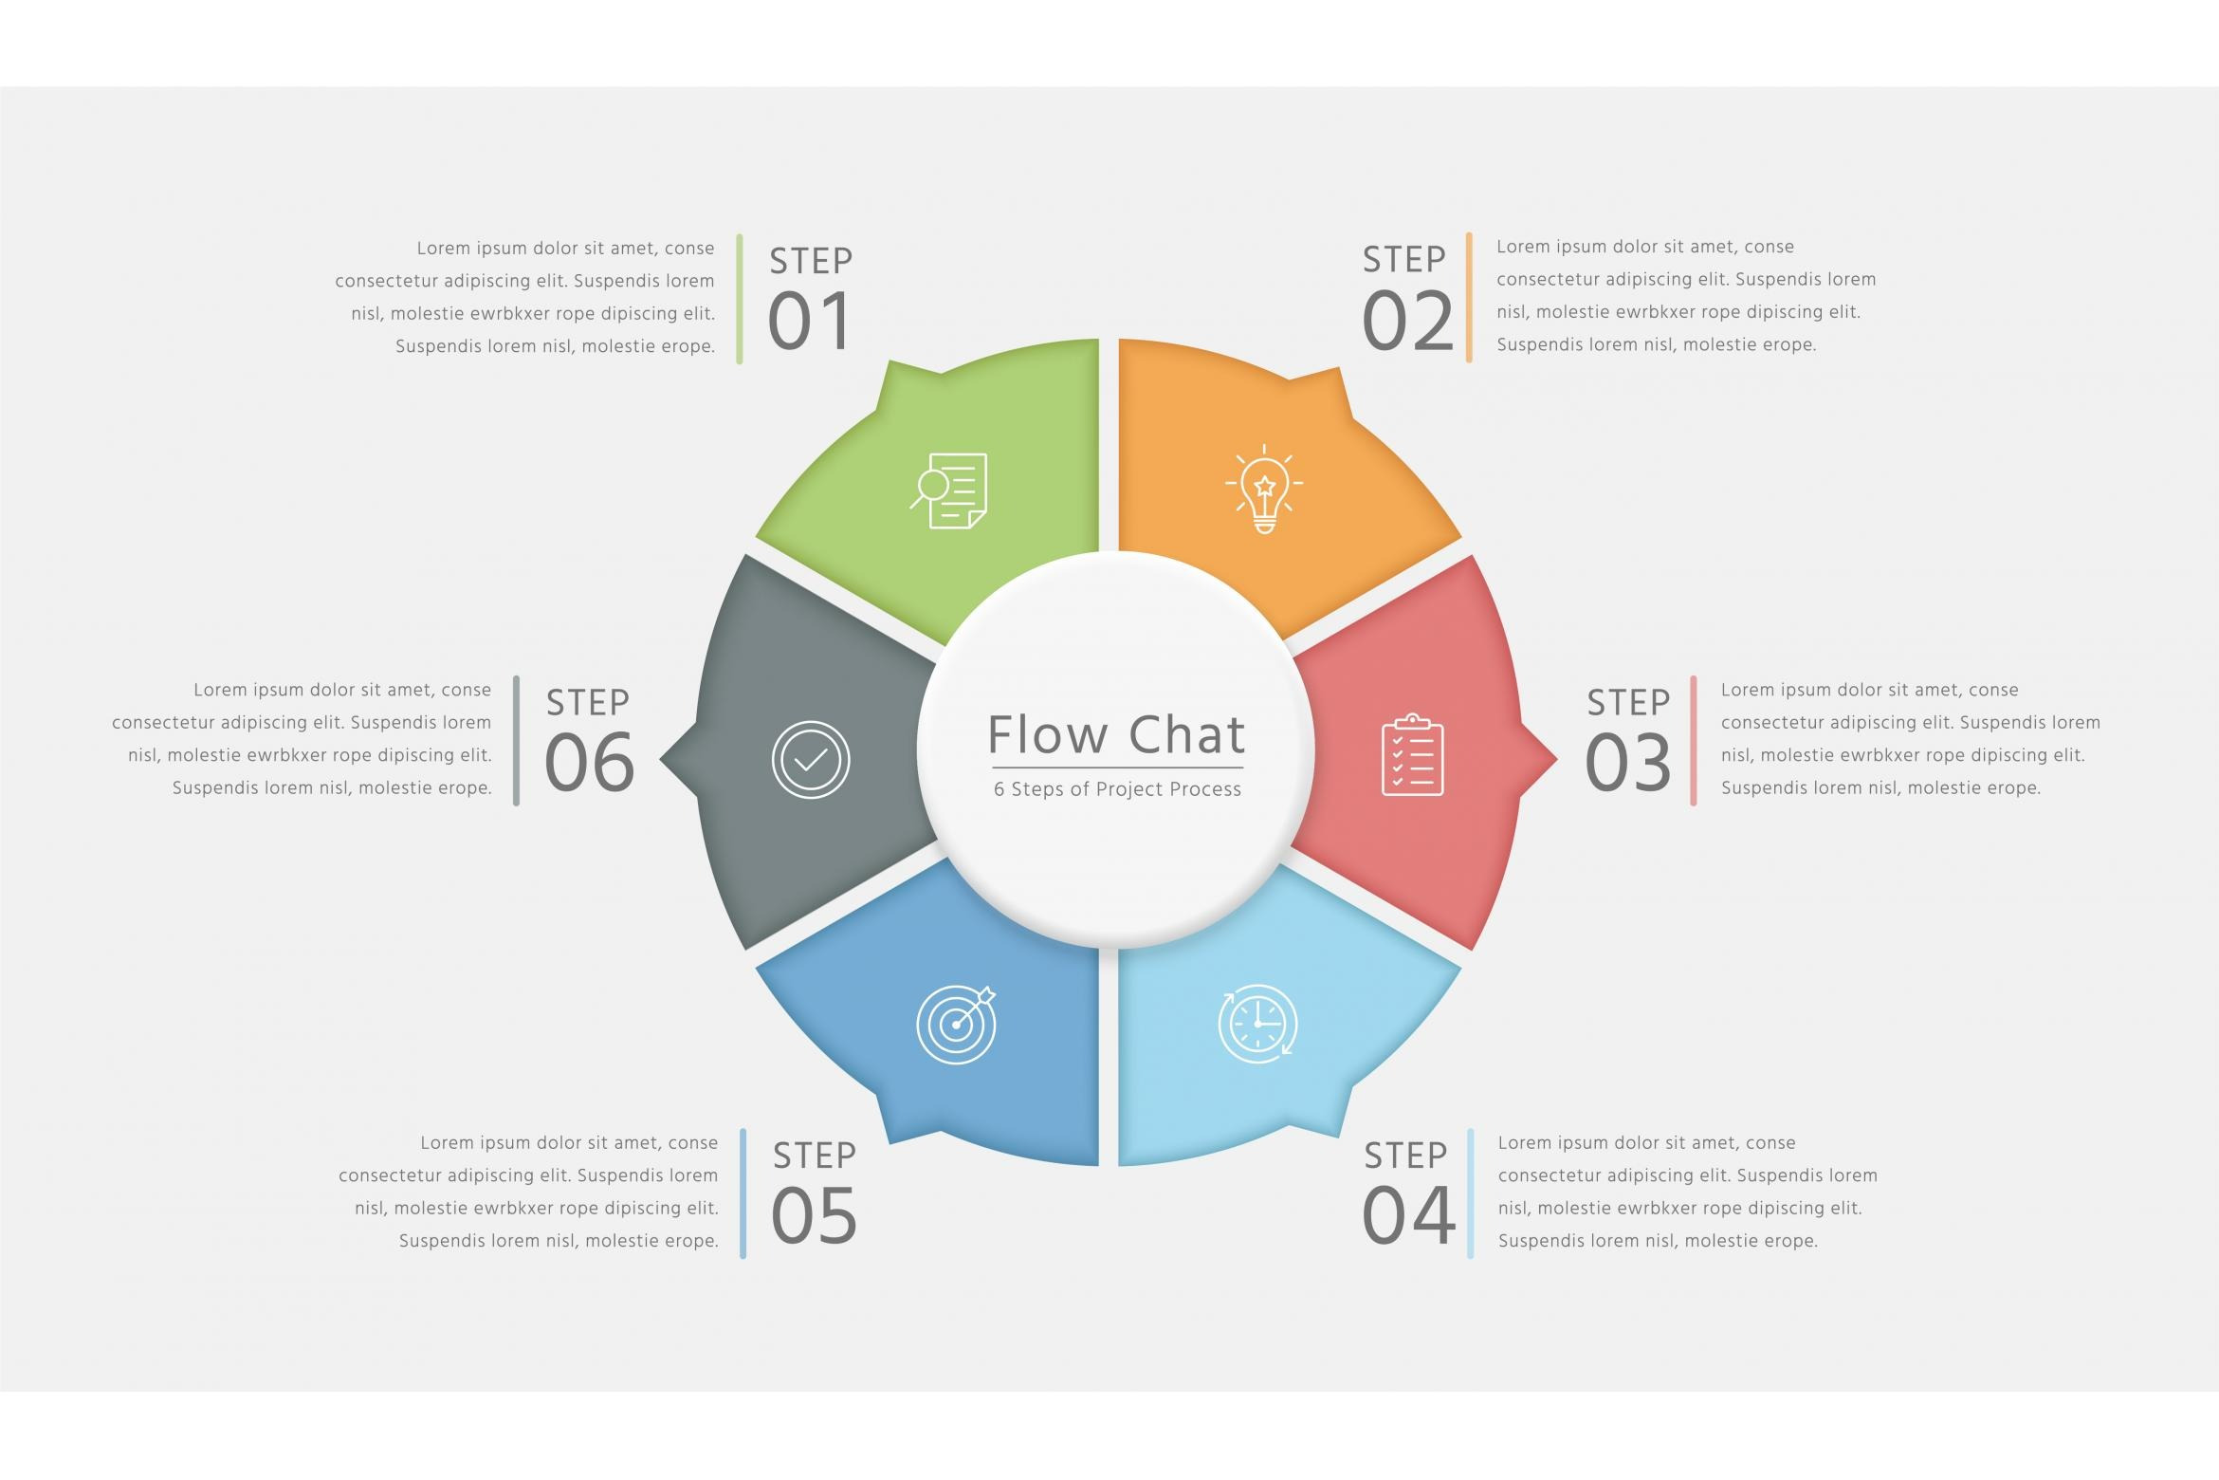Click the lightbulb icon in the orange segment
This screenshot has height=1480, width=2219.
pos(1263,489)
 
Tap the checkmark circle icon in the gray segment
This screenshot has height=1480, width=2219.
pos(810,760)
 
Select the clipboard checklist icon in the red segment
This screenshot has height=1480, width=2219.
pos(1412,755)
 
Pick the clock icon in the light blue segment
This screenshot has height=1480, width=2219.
pos(1257,1024)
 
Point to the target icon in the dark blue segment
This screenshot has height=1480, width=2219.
pos(956,1025)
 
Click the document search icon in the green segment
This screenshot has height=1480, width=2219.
pos(949,490)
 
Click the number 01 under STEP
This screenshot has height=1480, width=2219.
pos(809,322)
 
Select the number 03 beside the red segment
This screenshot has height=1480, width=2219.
pos(1627,763)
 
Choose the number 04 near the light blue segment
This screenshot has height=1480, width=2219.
pos(1408,1215)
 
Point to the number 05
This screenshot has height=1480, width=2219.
pos(814,1216)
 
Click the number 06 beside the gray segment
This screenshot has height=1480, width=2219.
pos(589,763)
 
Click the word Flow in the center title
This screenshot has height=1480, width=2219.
pos(1047,735)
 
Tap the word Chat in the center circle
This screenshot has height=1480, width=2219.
pos(1186,735)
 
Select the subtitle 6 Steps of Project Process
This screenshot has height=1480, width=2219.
pos(1117,789)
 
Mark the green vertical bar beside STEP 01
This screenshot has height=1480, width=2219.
pos(740,299)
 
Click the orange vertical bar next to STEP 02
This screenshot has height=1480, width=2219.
pos(1469,298)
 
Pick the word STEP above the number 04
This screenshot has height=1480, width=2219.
pos(1405,1156)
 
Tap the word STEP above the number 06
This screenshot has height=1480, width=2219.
pos(587,703)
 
